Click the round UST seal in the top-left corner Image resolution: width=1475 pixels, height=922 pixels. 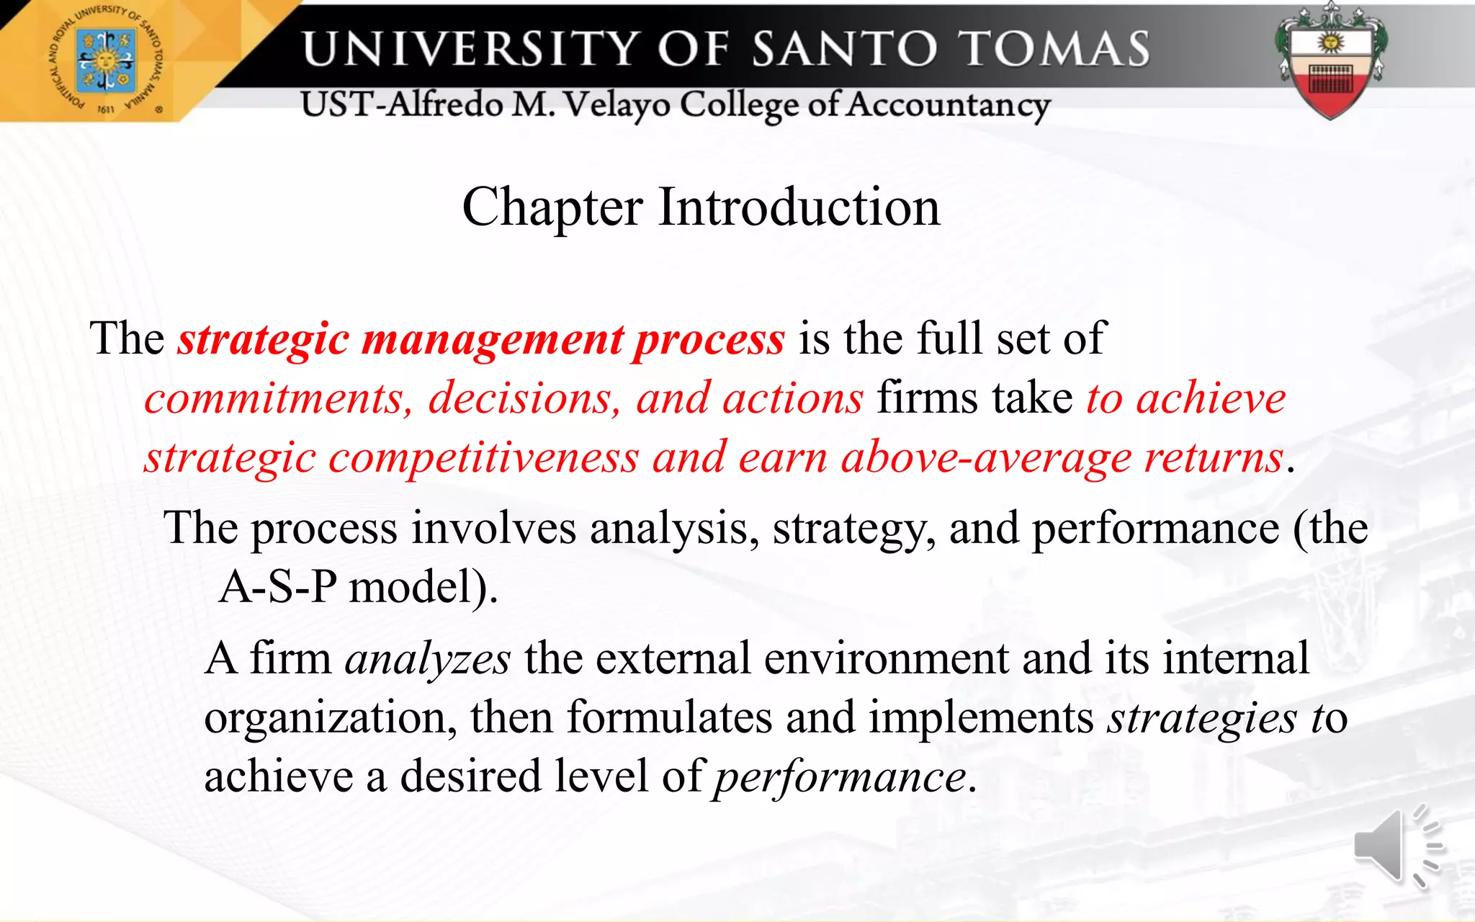click(106, 61)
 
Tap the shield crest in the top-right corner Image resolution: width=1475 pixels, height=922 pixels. click(1331, 63)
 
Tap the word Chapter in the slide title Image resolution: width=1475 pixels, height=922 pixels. click(552, 207)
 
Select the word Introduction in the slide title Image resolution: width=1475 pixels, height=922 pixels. click(799, 207)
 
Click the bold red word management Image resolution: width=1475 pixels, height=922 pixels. click(492, 339)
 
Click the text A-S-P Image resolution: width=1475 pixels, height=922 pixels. click(278, 587)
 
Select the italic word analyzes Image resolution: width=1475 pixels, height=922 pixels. click(428, 659)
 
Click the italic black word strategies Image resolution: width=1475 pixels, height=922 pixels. click(1202, 719)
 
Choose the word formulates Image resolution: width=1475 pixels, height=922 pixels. click(669, 718)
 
